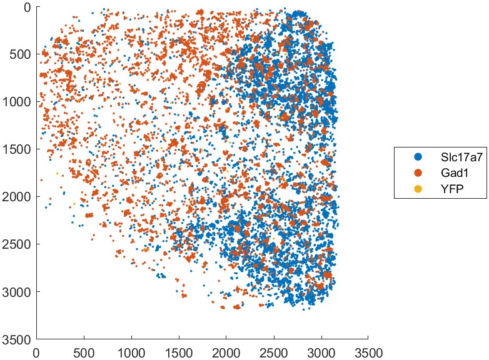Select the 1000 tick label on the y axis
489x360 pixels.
click(20, 101)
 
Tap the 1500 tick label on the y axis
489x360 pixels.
click(20, 149)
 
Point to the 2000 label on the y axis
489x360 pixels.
click(20, 196)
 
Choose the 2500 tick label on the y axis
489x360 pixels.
click(20, 244)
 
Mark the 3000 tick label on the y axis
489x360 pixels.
click(20, 291)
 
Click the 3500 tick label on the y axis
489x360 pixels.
click(20, 339)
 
